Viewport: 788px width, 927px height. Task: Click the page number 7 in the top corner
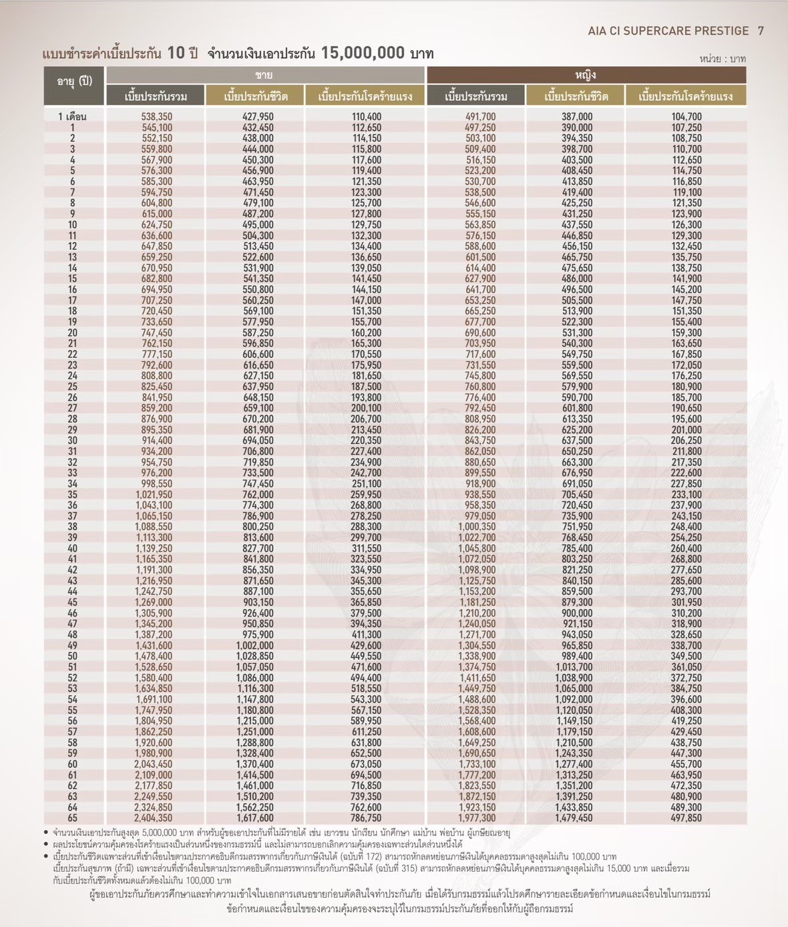tap(761, 31)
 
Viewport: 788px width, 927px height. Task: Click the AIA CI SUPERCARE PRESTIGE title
tap(668, 31)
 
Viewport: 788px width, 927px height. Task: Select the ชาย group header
tap(264, 75)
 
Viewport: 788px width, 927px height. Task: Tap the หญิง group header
tap(586, 75)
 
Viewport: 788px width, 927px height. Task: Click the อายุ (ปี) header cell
tap(74, 81)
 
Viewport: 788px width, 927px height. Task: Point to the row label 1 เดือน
tap(72, 117)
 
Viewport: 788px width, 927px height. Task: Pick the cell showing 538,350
tap(156, 117)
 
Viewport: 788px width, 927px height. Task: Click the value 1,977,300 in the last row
tap(477, 818)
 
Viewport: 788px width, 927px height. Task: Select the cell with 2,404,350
tap(154, 818)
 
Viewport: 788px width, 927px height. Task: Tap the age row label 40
tap(72, 548)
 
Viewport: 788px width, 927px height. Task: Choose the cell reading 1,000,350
tap(477, 527)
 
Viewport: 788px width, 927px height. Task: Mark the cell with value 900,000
tap(576, 613)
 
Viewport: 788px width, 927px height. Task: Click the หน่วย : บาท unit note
tap(723, 59)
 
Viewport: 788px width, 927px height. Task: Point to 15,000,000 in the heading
tap(363, 53)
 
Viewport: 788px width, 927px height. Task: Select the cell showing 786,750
tap(366, 818)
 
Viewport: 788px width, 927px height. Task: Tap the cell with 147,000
tap(366, 301)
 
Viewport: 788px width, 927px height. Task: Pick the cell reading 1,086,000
tap(254, 678)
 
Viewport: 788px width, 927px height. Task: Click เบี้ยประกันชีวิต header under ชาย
tap(255, 96)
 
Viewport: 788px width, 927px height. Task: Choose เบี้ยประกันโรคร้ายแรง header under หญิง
tap(685, 96)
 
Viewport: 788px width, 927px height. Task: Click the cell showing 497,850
tap(686, 818)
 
